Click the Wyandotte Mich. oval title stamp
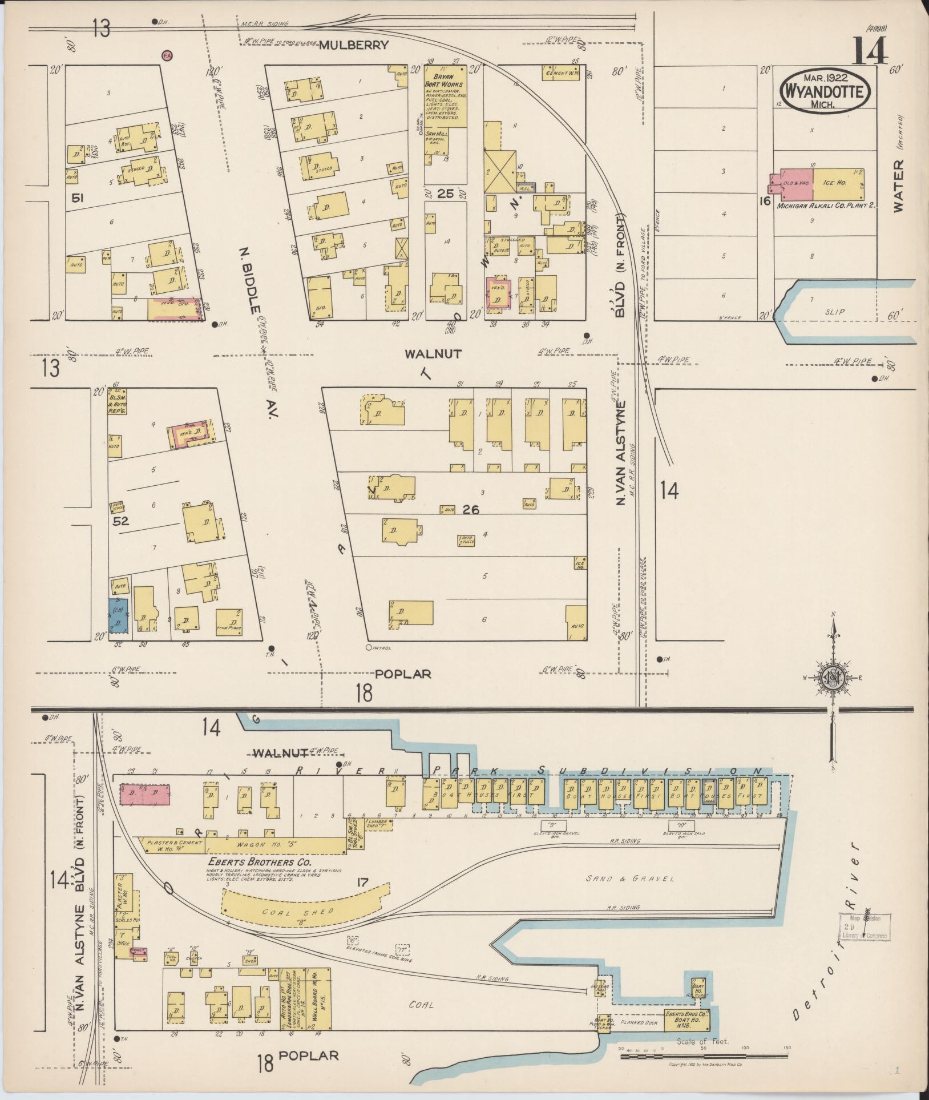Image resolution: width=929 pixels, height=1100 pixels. (825, 90)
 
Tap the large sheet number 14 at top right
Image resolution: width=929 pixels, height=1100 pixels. (870, 51)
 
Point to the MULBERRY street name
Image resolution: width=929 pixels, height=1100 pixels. (353, 45)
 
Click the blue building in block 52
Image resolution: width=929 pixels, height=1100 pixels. (119, 615)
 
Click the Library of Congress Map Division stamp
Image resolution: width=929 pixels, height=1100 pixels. (863, 926)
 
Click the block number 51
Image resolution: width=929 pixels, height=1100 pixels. (78, 198)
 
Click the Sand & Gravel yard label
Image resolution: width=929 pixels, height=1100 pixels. (630, 879)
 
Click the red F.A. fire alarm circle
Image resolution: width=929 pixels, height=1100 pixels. (167, 55)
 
